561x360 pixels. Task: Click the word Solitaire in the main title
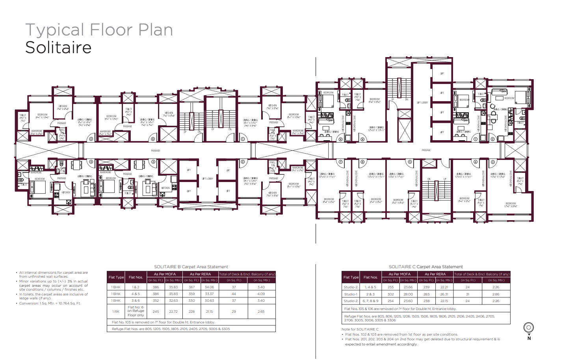58,48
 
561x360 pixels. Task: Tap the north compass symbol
528,328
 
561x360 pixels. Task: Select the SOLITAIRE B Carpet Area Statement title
191,267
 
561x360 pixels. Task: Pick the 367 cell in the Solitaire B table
191,287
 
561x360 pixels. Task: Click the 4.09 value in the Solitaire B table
261,294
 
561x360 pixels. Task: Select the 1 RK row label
115,312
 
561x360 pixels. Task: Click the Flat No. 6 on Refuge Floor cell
136,311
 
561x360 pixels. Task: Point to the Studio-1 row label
350,294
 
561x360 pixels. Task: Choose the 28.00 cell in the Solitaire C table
408,294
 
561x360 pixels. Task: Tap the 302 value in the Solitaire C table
390,294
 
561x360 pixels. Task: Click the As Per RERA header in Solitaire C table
435,274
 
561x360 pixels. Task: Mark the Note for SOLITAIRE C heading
360,329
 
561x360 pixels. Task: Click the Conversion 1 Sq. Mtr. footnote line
50,303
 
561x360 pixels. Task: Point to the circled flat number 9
362,139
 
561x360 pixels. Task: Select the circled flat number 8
341,139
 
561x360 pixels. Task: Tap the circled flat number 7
341,162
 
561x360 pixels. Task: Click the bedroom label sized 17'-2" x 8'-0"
510,205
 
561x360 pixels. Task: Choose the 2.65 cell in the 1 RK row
261,312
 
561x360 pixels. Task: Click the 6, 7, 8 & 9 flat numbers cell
370,301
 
